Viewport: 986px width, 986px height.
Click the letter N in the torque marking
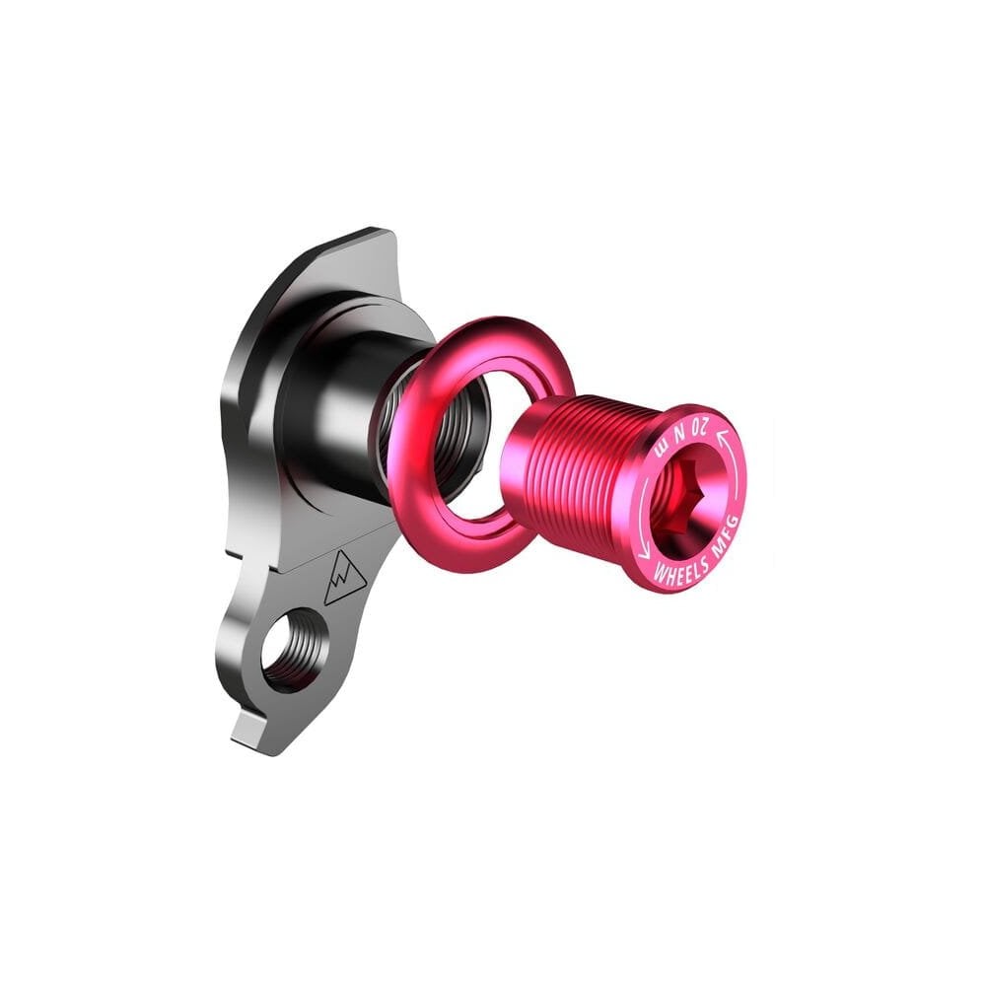(679, 433)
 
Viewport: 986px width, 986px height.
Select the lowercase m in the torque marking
(661, 449)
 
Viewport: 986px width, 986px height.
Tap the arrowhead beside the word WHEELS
(644, 553)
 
